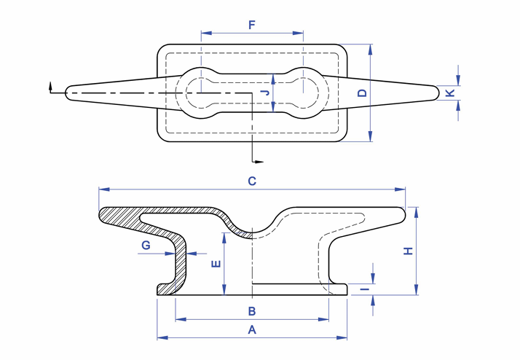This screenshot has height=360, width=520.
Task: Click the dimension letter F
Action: tap(252, 25)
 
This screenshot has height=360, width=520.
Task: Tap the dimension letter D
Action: tap(362, 93)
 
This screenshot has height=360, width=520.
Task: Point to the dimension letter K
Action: tap(450, 93)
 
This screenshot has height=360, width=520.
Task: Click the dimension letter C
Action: tap(252, 181)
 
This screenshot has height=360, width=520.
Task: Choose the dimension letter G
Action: tap(146, 246)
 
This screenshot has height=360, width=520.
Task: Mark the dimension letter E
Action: tap(216, 264)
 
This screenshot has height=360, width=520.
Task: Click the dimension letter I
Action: tap(363, 289)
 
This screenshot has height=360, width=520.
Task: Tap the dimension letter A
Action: tap(252, 329)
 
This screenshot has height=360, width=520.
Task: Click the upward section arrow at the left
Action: tap(50, 86)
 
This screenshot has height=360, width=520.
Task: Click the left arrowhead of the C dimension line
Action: tap(103, 189)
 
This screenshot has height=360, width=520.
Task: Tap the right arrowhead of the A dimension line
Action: tap(344, 338)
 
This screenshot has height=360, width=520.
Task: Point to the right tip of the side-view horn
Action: tap(403, 213)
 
